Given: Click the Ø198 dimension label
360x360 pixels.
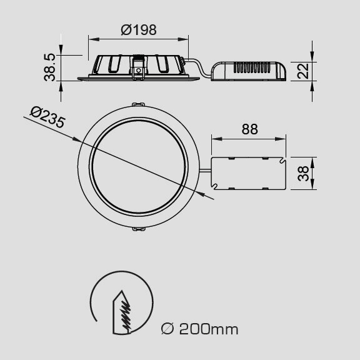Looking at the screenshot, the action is [139, 30].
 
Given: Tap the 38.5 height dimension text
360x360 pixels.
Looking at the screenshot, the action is [50, 67].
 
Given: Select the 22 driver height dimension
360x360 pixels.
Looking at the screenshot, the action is [303, 71].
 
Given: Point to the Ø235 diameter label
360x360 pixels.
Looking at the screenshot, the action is [47, 117].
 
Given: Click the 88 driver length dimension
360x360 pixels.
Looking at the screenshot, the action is [250, 129].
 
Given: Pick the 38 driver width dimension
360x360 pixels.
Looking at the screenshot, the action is [303, 174].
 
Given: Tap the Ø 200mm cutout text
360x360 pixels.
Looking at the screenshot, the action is [199, 329].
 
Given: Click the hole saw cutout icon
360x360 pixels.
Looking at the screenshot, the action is [122, 302].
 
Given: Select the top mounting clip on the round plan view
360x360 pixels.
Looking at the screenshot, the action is [138, 104].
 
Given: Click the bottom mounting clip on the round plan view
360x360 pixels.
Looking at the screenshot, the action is [139, 229].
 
